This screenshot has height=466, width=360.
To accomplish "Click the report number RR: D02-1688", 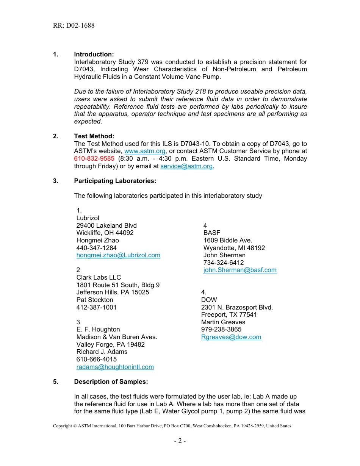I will point(74,26).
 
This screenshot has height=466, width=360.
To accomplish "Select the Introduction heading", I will point(94,55).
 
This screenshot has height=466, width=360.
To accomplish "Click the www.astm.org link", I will point(145,151).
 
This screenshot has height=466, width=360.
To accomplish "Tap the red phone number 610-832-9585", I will point(94,159).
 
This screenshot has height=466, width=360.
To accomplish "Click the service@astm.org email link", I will point(186,166).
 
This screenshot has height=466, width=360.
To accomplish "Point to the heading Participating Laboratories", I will point(115,181).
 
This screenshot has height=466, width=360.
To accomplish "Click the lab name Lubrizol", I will point(88,218).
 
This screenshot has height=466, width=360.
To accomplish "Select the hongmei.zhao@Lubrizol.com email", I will point(118,255).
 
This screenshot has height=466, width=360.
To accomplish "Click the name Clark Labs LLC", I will point(99,278).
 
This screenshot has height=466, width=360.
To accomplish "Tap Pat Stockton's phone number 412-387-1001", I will point(96,307).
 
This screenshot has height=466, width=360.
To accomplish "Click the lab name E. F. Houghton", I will point(98,330).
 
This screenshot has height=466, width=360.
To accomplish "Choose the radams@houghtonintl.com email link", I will point(115,367).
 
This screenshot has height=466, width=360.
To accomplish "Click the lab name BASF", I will point(211,233).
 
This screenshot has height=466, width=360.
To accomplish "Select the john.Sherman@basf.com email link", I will point(240,270).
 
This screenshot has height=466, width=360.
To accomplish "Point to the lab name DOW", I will point(209,300).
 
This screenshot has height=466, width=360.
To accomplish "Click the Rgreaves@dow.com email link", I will point(231,337).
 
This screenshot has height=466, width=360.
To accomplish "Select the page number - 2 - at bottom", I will point(180,441).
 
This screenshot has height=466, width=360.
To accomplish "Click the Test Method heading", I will point(94,136).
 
